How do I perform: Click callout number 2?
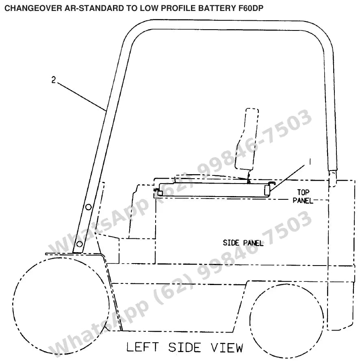(x=54, y=80)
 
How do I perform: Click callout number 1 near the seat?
(x=310, y=161)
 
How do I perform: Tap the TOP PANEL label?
(x=303, y=196)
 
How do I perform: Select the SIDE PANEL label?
(x=243, y=243)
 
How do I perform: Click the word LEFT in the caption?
(x=143, y=347)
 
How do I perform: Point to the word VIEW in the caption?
(x=227, y=348)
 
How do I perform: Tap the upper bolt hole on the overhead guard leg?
(x=89, y=207)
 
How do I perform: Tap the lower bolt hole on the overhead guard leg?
(x=80, y=244)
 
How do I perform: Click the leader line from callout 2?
(x=82, y=97)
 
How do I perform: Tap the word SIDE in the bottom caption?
(x=184, y=348)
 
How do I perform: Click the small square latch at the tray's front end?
(x=160, y=192)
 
